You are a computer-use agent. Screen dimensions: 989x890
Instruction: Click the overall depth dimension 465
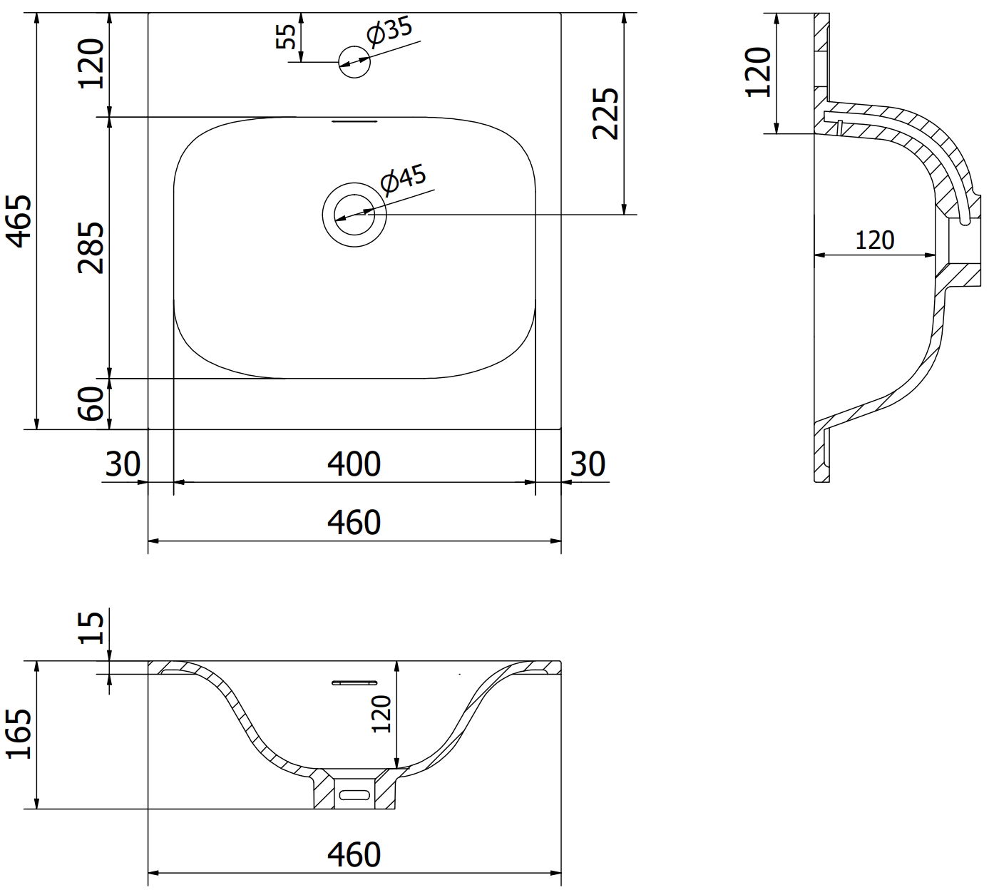[x=20, y=221]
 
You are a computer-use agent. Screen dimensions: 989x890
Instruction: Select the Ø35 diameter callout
[x=389, y=33]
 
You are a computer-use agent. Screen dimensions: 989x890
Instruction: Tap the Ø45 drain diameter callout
[x=404, y=180]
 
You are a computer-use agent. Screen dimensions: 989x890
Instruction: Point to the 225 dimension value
[x=605, y=113]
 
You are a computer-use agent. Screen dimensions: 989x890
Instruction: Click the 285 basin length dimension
[x=91, y=247]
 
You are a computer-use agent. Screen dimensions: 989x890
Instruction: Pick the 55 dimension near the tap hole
[x=286, y=36]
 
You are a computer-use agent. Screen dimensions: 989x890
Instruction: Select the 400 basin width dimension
[x=354, y=464]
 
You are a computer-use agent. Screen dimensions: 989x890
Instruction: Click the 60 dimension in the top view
[x=91, y=404]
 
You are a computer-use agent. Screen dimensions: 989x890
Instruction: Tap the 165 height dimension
[x=20, y=734]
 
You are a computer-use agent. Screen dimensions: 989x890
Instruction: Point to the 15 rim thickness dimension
[x=92, y=628]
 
